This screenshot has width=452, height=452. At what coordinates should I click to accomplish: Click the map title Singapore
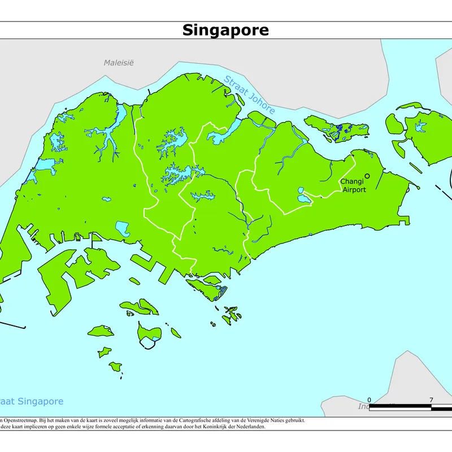[225, 30]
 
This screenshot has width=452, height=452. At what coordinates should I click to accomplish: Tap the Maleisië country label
[119, 62]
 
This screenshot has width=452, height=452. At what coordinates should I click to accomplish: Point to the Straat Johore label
[249, 94]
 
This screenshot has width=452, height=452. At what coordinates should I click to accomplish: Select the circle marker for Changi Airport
[367, 176]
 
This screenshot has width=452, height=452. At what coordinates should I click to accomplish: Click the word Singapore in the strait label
[40, 402]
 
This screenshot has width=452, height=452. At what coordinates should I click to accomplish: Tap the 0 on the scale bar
[369, 399]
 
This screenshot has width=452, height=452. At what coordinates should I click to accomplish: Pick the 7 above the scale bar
[431, 399]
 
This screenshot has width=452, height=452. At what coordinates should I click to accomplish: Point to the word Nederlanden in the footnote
[248, 427]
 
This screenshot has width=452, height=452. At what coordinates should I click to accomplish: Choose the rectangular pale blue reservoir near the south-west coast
[122, 228]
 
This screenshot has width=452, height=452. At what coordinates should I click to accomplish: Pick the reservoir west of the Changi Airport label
[303, 198]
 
